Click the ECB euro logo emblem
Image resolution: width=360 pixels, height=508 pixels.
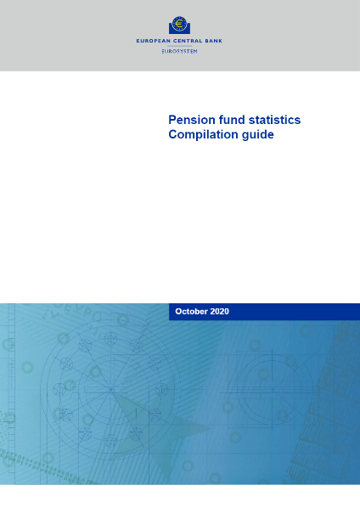tap(179, 25)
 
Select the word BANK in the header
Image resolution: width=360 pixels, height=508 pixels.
tap(214, 41)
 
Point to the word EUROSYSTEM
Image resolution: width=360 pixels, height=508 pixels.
tap(179, 51)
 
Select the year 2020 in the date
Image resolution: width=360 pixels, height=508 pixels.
tap(220, 312)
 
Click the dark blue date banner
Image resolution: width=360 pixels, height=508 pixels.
tap(264, 312)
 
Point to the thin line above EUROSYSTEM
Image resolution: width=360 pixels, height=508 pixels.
tap(179, 46)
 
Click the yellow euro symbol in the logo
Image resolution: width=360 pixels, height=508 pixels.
tap(179, 24)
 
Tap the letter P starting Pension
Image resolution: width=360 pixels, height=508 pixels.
tap(172, 120)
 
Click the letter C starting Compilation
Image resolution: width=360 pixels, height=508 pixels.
tap(172, 134)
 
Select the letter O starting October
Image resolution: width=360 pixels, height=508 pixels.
tap(178, 312)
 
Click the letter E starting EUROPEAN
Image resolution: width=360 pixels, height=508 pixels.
tap(138, 41)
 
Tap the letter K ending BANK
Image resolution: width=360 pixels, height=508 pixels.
tap(221, 41)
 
